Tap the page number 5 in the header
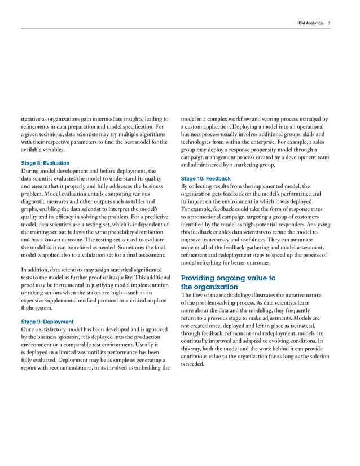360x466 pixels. pyautogui.click(x=329, y=23)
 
